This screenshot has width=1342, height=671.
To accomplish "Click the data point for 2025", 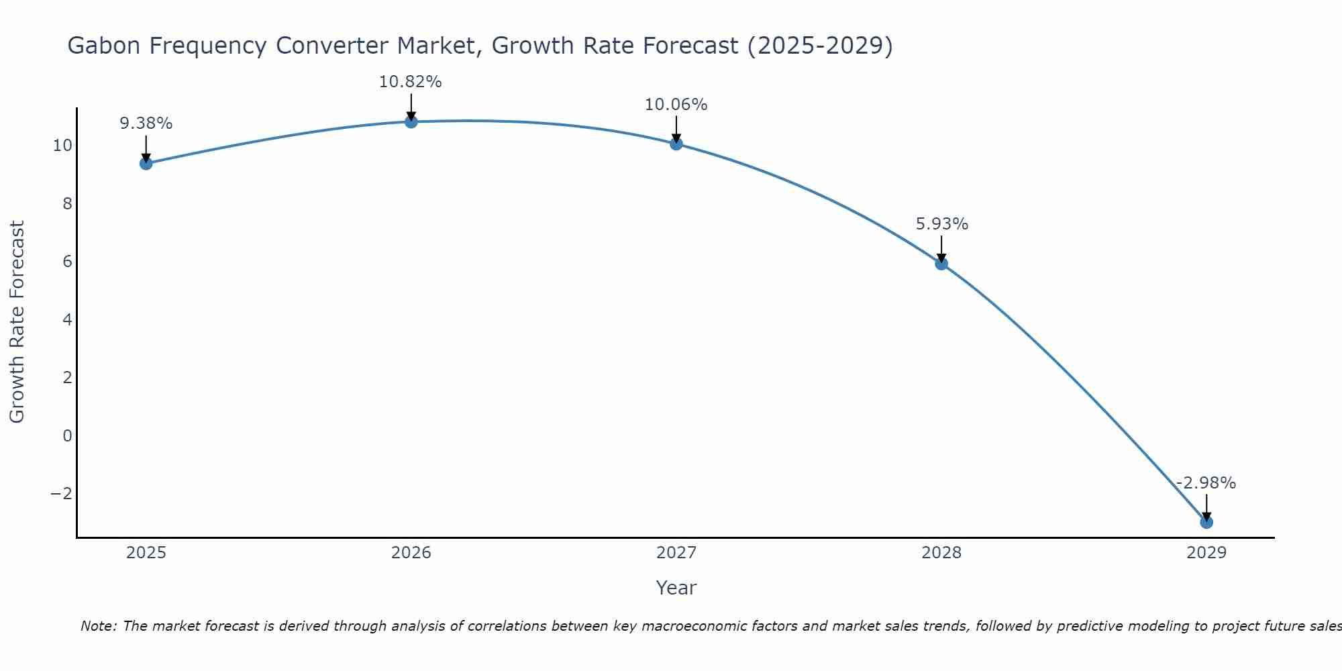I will coord(146,163).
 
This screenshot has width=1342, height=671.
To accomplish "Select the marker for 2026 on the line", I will coord(411,121).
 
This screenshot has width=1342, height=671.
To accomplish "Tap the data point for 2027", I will coord(676,144).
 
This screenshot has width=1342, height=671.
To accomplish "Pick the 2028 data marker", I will coord(941,264).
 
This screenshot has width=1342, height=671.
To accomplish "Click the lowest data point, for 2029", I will coord(1206,522).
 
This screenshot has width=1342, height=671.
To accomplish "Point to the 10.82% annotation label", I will coord(410,82).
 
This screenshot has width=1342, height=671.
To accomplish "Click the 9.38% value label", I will coord(146,123).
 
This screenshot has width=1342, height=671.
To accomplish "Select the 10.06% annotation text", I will coord(676,105).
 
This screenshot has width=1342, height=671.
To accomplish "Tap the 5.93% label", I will coord(941,224).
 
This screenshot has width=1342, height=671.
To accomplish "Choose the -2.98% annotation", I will coord(1206,483).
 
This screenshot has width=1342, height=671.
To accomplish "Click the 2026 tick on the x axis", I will coord(411,553).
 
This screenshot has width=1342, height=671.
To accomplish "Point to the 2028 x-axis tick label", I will coord(941,553).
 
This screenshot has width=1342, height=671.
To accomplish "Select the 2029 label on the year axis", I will coord(1206,553).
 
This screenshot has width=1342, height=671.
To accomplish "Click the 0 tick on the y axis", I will coord(67,435).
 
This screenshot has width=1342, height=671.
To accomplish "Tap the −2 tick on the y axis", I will coord(62,493).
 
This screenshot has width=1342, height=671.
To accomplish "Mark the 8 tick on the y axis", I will coord(67,203).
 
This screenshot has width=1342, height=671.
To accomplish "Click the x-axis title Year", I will coord(676,588).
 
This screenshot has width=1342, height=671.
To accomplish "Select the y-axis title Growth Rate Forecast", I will coord(17,321).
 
